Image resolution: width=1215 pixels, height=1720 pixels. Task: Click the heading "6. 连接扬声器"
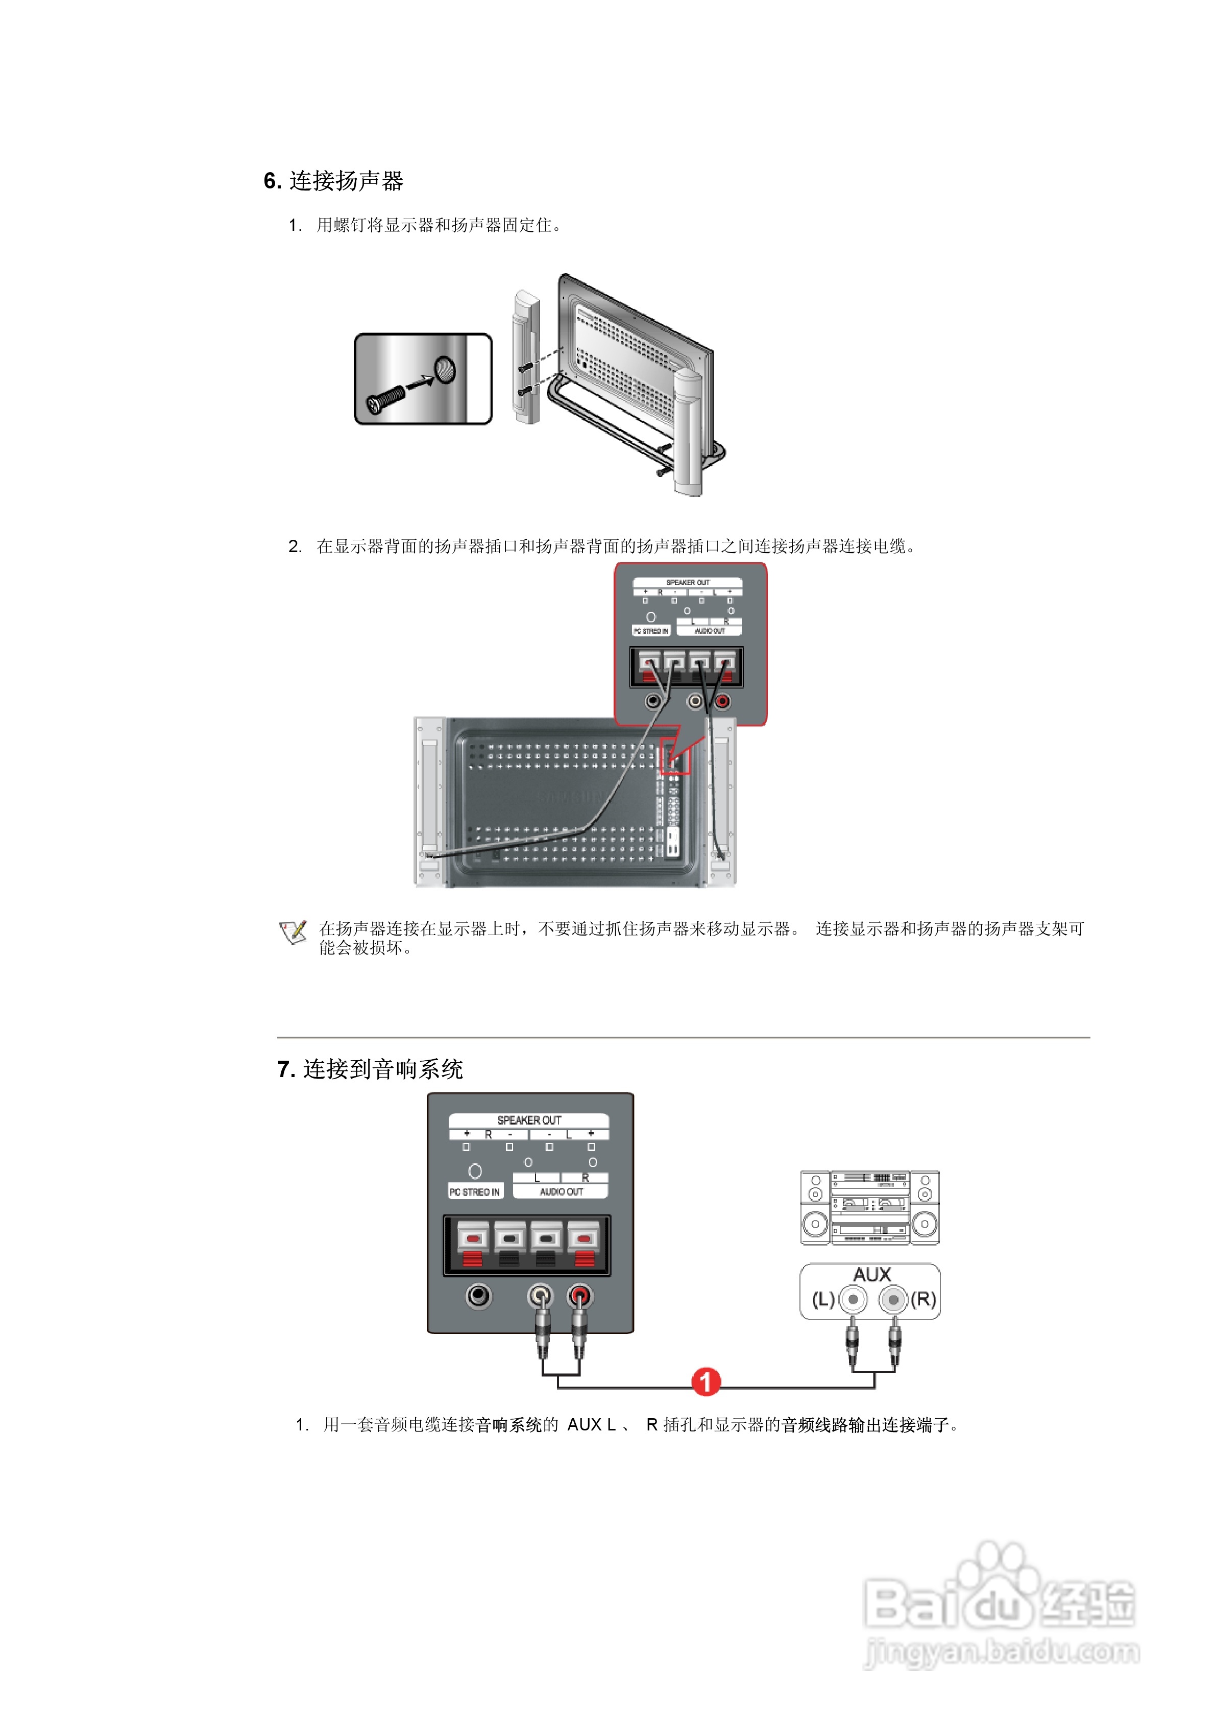[x=333, y=181]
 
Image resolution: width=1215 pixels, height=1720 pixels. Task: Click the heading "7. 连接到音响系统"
[x=370, y=1069]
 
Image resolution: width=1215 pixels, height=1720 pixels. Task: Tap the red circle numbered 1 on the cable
[x=706, y=1382]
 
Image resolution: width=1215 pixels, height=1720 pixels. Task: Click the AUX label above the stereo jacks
[x=872, y=1274]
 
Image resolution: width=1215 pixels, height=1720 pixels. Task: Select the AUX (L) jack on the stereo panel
[x=853, y=1300]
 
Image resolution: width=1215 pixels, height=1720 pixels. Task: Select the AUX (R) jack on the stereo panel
[x=893, y=1300]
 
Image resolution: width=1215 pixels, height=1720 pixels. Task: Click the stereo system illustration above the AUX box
[x=870, y=1208]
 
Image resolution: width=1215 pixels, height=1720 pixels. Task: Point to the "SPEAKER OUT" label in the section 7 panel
[x=529, y=1120]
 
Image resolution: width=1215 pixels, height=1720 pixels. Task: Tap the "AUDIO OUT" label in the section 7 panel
[x=561, y=1191]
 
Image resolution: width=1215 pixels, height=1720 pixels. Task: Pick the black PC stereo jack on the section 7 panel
[x=479, y=1295]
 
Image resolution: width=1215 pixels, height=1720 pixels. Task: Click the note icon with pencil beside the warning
[x=293, y=932]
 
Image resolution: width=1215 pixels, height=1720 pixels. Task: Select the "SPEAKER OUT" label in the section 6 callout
[x=688, y=582]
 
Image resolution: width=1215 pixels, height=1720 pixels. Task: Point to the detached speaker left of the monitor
[x=525, y=358]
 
